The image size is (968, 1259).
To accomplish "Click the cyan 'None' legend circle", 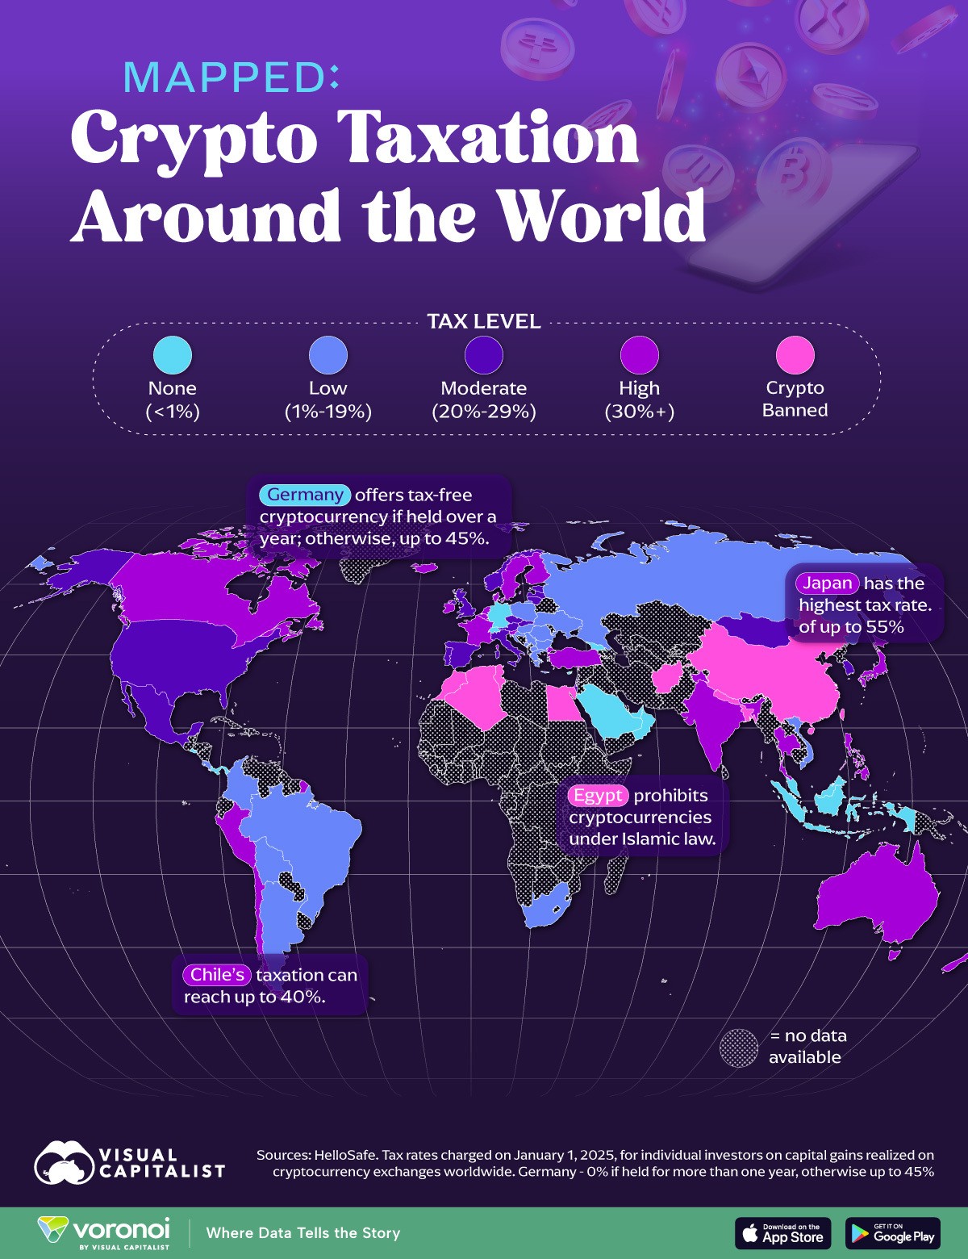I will tap(173, 354).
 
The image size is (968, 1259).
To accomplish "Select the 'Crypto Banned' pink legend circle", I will tap(795, 354).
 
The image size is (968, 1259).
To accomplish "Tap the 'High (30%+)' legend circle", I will tap(639, 354).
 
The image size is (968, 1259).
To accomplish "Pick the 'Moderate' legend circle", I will tap(484, 354).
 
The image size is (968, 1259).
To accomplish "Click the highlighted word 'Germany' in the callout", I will tap(305, 495).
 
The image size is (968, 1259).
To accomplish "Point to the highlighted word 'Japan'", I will tap(827, 583).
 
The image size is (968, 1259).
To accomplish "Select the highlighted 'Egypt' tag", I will tap(598, 795).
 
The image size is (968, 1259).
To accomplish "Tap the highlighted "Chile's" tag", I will tap(217, 974).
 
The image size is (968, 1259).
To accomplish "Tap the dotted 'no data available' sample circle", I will tap(739, 1048).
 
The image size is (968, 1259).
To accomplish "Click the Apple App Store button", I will tap(782, 1233).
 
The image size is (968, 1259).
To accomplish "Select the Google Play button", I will tap(893, 1233).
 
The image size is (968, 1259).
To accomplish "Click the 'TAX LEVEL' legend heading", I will tap(484, 321).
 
